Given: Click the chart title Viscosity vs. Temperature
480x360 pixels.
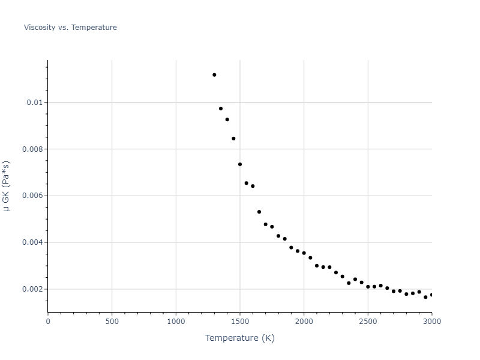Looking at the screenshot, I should pyautogui.click(x=70, y=28).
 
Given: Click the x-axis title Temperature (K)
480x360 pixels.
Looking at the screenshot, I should pyautogui.click(x=239, y=338).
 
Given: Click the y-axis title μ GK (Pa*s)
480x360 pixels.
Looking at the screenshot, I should pyautogui.click(x=7, y=186).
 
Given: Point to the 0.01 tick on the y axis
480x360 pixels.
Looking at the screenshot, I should pyautogui.click(x=35, y=103).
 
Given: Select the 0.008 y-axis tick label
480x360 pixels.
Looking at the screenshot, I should pyautogui.click(x=33, y=149).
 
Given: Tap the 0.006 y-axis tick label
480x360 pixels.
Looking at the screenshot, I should pyautogui.click(x=33, y=196).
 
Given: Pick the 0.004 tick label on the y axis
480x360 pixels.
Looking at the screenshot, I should pyautogui.click(x=33, y=243).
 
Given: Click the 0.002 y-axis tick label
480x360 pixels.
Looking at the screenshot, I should pyautogui.click(x=33, y=289).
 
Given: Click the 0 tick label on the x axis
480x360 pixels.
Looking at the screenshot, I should pyautogui.click(x=48, y=321).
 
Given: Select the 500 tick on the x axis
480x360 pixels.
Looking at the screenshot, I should pyautogui.click(x=112, y=321).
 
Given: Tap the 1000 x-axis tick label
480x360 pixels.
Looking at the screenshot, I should pyautogui.click(x=176, y=321).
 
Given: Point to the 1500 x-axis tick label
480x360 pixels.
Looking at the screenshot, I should pyautogui.click(x=240, y=321).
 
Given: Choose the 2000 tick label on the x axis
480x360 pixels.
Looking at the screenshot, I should pyautogui.click(x=304, y=321).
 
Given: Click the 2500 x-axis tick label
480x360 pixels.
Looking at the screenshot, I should pyautogui.click(x=368, y=321).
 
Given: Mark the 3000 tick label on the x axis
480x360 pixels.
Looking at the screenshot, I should pyautogui.click(x=431, y=321).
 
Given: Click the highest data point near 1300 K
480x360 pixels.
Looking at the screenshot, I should pyautogui.click(x=214, y=75).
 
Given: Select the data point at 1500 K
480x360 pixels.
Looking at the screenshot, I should pyautogui.click(x=240, y=164).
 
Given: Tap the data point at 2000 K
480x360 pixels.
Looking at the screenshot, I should pyautogui.click(x=304, y=253).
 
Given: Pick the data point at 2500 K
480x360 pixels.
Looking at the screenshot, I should pyautogui.click(x=368, y=287).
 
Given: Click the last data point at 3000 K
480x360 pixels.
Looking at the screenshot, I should pyautogui.click(x=431, y=295).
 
